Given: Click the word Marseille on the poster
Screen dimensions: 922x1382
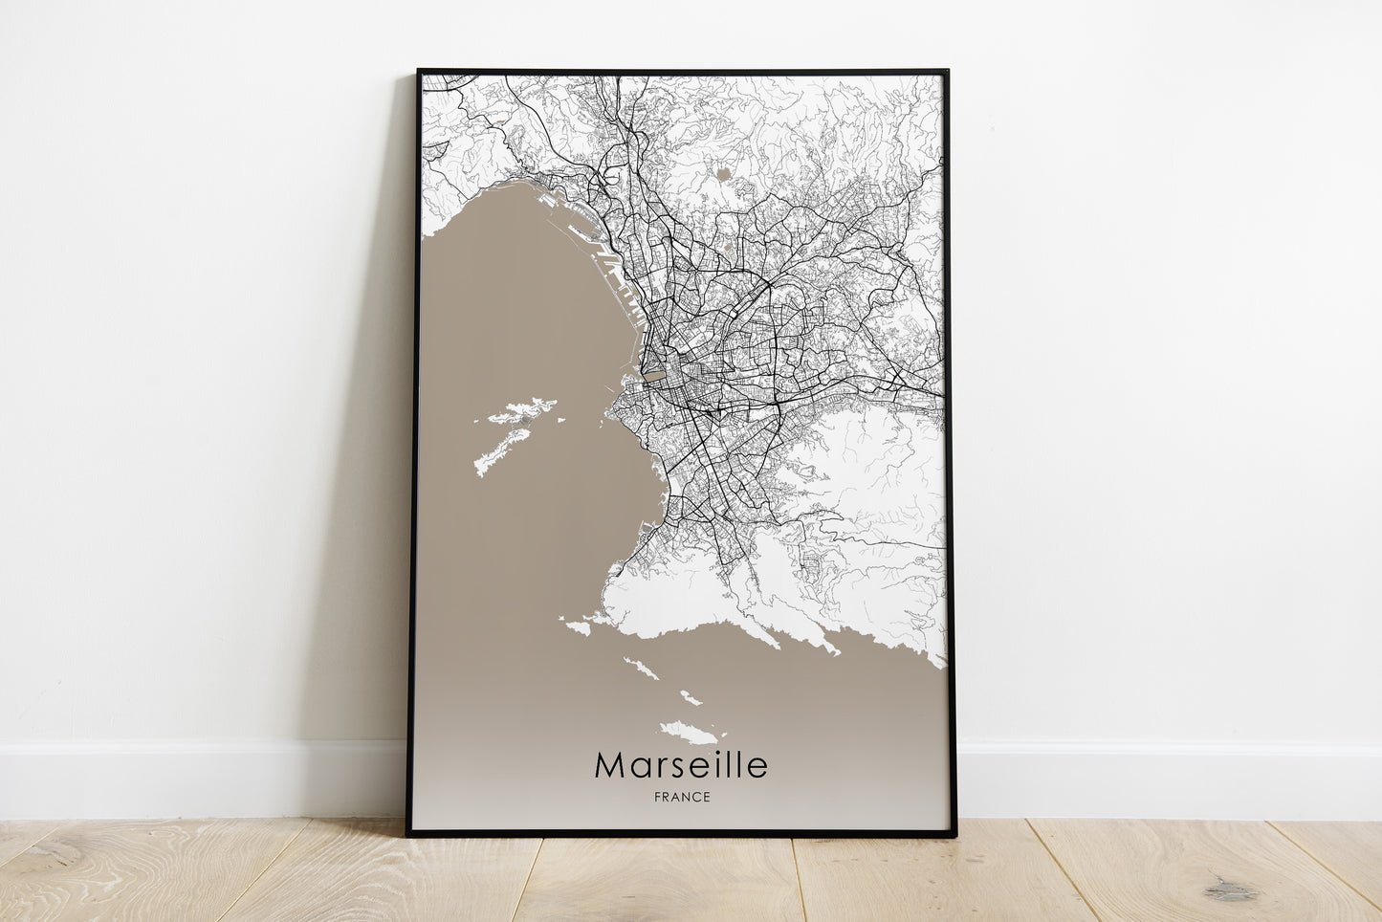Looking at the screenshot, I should point(680,765).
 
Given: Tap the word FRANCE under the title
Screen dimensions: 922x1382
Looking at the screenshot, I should point(681,798).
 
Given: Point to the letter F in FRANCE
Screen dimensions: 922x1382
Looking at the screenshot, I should point(655,798).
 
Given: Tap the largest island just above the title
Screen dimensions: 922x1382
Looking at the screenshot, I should point(691,734).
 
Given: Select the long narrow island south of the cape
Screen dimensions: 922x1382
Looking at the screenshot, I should point(642,668).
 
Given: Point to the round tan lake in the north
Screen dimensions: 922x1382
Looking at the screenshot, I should point(724,175).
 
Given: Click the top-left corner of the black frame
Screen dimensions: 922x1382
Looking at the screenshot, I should point(419,71).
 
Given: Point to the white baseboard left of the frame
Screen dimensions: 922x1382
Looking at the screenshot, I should point(191,779).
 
